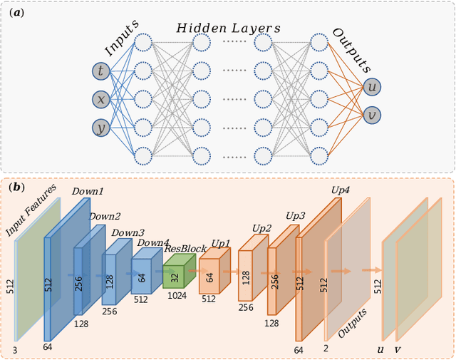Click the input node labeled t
point(101,71)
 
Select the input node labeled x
point(101,99)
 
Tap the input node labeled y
point(101,128)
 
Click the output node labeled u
point(371,87)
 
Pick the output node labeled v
point(371,115)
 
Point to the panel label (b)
point(16,188)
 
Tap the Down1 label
point(88,192)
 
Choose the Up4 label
point(341,190)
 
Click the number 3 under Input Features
point(14,350)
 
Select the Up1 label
point(220,244)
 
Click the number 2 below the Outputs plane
point(326,349)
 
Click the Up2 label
point(261,228)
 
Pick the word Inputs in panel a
point(121,42)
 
